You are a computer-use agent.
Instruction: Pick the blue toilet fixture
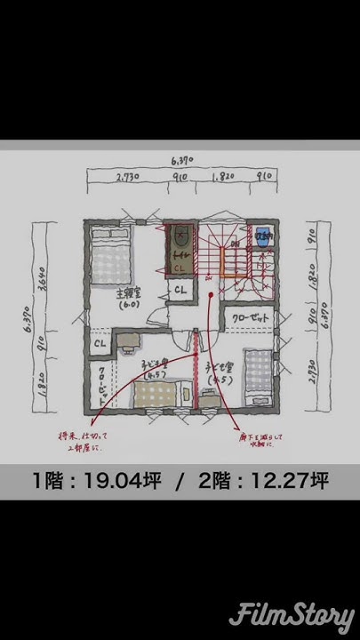pos(263,237)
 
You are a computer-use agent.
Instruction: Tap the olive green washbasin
pos(180,237)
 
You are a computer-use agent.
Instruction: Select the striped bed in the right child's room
pos(258,378)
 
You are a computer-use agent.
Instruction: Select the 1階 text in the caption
pos(49,482)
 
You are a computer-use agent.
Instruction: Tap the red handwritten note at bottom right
pos(263,438)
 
